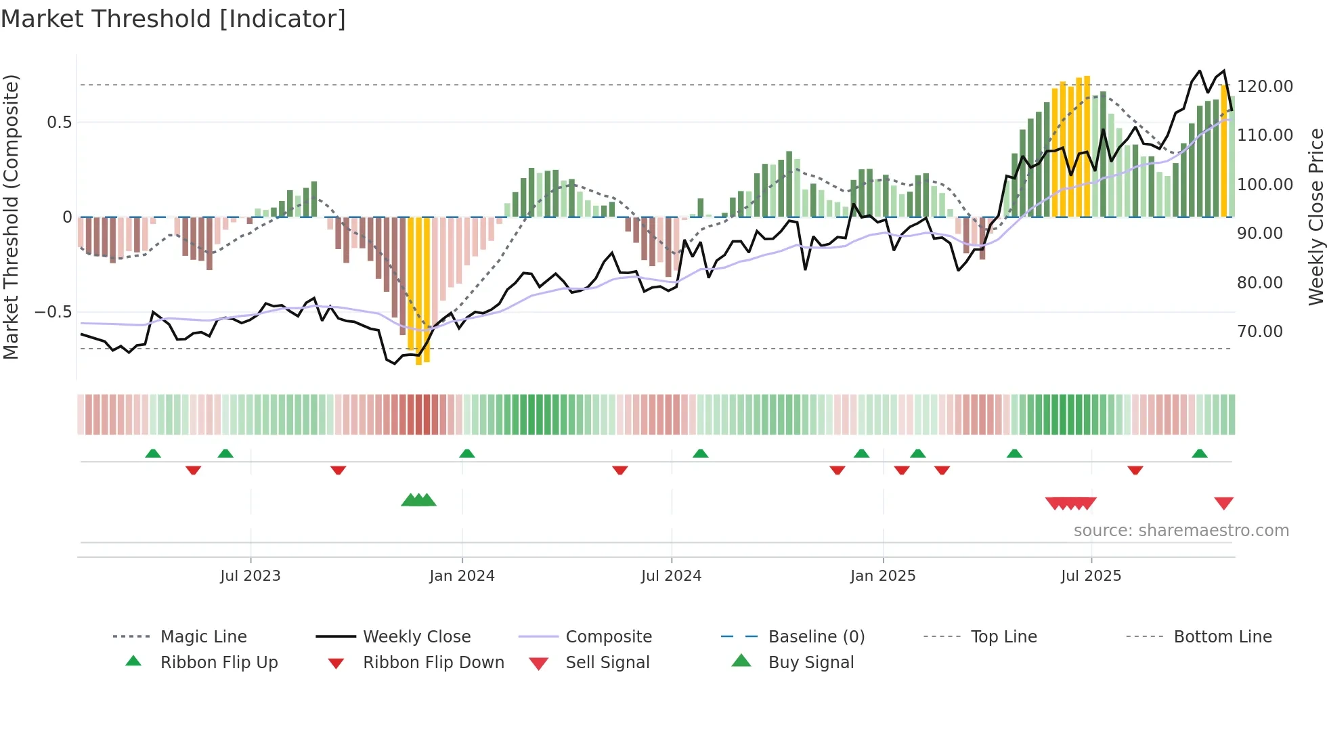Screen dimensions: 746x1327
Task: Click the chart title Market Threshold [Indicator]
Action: click(173, 19)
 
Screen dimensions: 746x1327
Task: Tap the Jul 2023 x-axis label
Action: click(250, 576)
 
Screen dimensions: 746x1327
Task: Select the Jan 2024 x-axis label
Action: click(462, 576)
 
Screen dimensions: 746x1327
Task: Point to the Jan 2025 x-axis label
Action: click(883, 576)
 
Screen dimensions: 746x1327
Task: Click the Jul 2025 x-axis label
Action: click(1091, 576)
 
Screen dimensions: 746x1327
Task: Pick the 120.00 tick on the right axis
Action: click(1265, 87)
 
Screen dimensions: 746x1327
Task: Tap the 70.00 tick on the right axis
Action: click(1259, 332)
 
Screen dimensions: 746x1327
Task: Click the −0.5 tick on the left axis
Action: click(53, 312)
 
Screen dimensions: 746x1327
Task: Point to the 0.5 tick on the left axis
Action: click(59, 123)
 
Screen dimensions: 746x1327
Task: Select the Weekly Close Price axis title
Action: click(1315, 217)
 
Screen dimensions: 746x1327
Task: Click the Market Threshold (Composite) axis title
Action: click(11, 217)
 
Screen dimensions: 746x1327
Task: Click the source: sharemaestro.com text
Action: click(1181, 531)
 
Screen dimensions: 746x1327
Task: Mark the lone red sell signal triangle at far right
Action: click(1223, 503)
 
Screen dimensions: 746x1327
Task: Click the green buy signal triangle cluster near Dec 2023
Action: click(418, 500)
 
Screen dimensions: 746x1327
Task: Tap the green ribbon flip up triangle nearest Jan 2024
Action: click(466, 454)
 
